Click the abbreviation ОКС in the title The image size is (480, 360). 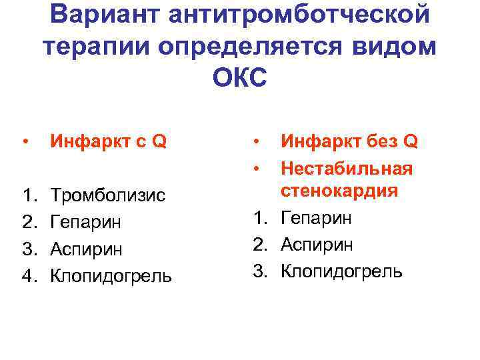pyautogui.click(x=239, y=79)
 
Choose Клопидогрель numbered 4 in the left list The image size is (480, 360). pyautogui.click(x=111, y=275)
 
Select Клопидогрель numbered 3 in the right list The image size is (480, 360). pyautogui.click(x=341, y=271)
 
